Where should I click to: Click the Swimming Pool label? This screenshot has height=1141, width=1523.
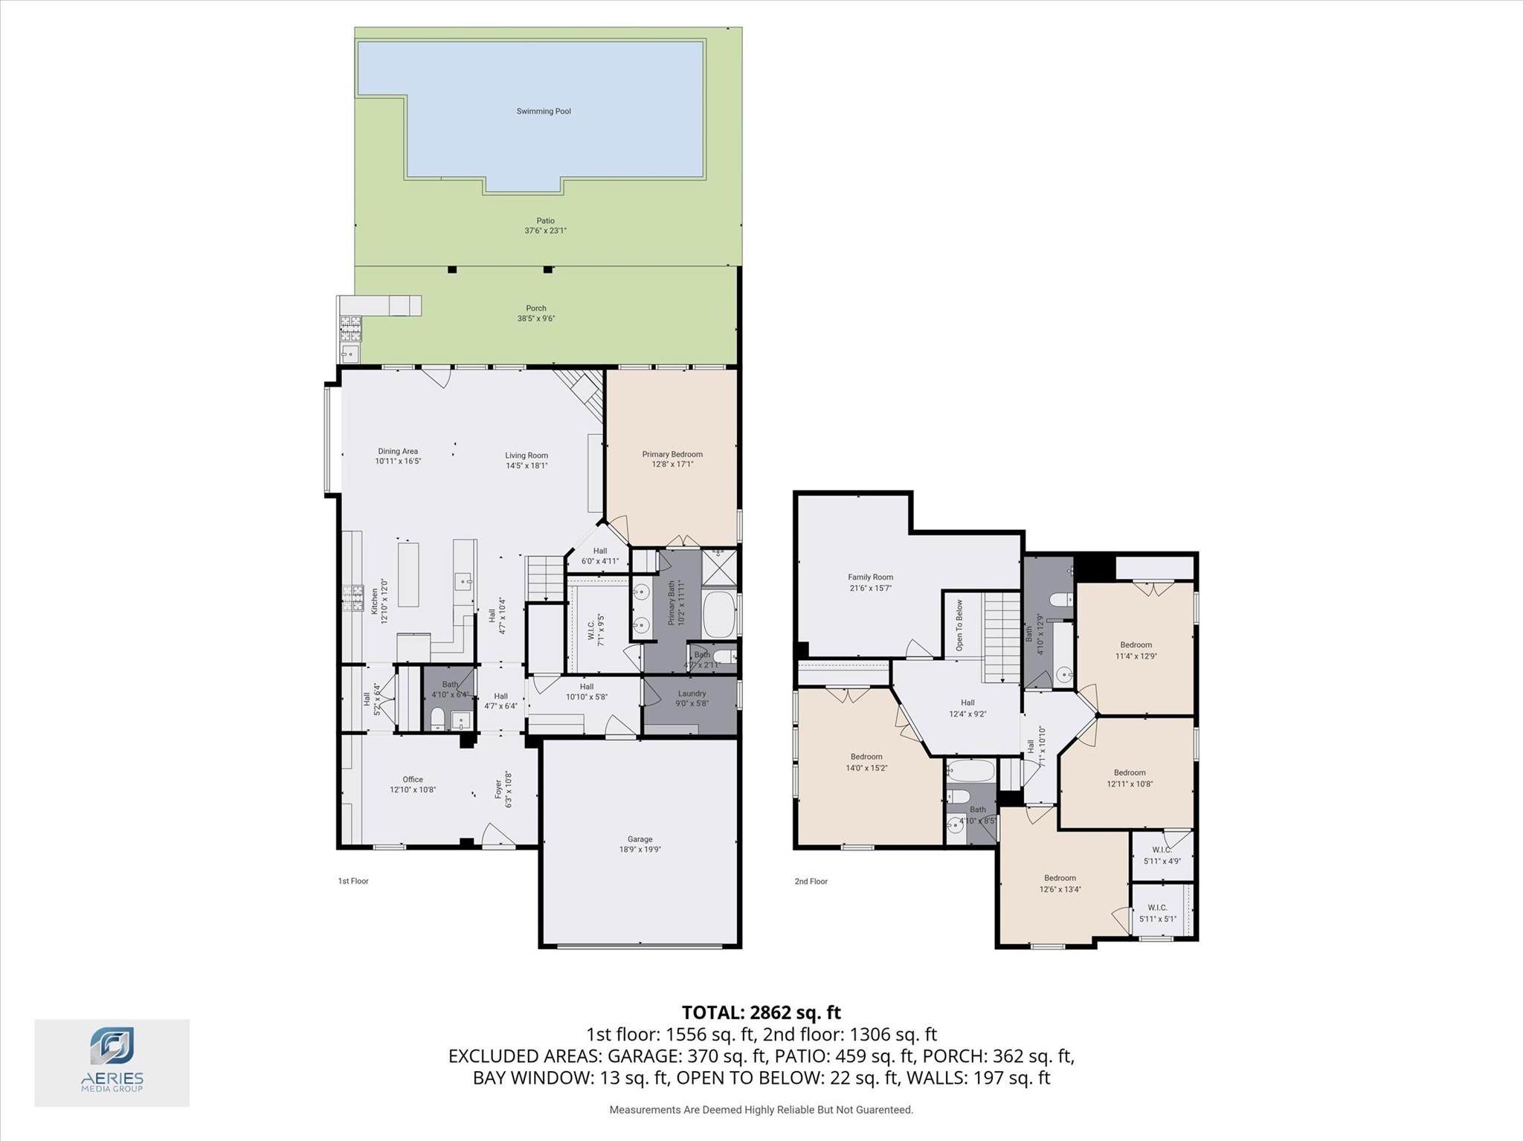coord(544,111)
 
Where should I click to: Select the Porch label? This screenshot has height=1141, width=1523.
coord(535,308)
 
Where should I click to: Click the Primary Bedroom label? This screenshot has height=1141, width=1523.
coord(672,454)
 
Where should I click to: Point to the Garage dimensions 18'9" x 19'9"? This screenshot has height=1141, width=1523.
coord(640,849)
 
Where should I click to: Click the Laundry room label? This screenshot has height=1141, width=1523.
coord(692,694)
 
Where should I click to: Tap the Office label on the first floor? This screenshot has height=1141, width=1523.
coord(413,780)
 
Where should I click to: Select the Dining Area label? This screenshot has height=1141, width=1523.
coord(398,451)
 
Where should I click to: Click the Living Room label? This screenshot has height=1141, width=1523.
coord(527,456)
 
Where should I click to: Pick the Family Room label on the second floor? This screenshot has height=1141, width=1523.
coord(870,577)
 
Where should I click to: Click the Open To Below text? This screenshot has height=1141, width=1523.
coord(959,626)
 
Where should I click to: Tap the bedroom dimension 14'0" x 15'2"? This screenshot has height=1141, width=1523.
coord(866,768)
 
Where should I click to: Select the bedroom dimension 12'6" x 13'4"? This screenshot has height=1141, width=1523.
coord(1060,889)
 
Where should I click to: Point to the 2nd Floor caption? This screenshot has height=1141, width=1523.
coord(811,882)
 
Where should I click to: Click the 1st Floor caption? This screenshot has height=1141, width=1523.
coord(353,882)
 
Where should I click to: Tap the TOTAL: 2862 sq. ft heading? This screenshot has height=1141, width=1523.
coord(761,1012)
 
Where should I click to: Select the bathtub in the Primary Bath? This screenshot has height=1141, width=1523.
coord(719,614)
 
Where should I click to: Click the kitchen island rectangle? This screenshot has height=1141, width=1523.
coord(408,575)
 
